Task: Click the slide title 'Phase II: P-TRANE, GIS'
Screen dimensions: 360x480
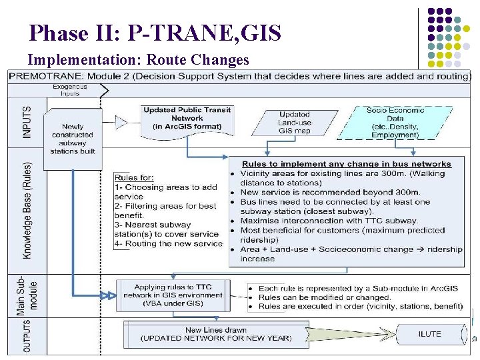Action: pyautogui.click(x=155, y=33)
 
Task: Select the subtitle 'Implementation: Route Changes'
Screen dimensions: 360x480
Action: pyautogui.click(x=138, y=60)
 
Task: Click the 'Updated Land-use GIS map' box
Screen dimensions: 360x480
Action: pyautogui.click(x=294, y=123)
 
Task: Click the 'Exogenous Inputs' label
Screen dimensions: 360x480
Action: pyautogui.click(x=70, y=90)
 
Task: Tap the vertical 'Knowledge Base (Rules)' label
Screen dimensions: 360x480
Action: pyautogui.click(x=27, y=209)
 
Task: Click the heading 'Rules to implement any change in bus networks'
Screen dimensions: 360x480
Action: pyautogui.click(x=346, y=164)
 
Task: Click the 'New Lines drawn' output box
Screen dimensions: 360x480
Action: pyautogui.click(x=215, y=334)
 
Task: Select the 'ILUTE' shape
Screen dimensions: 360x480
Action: pyautogui.click(x=429, y=333)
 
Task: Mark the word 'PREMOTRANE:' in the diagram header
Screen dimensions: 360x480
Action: pyautogui.click(x=42, y=76)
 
